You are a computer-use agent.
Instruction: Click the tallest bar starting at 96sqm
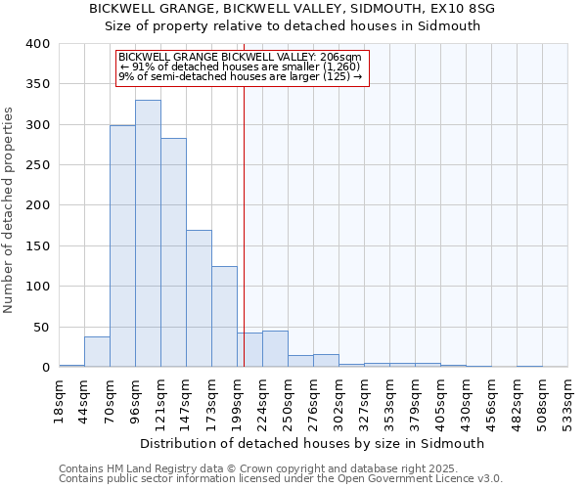(148, 234)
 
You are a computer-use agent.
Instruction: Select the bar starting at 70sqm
(122, 246)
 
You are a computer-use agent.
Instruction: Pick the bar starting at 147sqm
(199, 298)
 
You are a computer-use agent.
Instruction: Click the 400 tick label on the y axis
(37, 45)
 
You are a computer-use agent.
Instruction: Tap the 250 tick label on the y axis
(37, 166)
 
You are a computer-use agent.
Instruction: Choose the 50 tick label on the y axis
(40, 328)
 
